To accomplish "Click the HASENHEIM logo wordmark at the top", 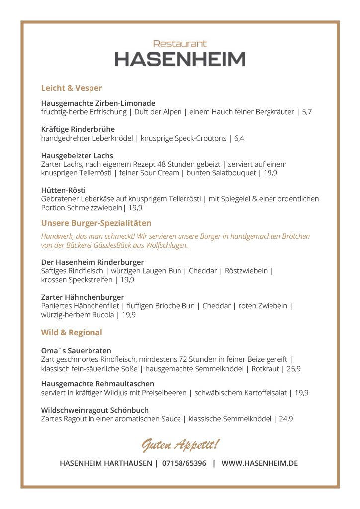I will [x=180, y=59].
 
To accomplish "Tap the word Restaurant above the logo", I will [x=180, y=44].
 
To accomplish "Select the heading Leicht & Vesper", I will [x=71, y=88].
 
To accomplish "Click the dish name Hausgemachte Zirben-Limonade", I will [x=98, y=103].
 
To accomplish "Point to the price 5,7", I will [x=307, y=112].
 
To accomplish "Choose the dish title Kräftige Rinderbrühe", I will [x=78, y=129].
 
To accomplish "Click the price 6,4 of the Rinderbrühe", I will [x=239, y=138].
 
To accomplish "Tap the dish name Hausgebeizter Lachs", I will [x=77, y=156].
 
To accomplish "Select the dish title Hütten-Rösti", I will [x=63, y=190].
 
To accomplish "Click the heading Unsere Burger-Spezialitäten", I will [x=96, y=223].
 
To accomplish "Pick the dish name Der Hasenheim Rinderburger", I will [x=92, y=262].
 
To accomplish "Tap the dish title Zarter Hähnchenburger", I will [x=82, y=297].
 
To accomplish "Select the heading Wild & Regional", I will [x=72, y=333].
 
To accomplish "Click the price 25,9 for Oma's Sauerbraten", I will [x=293, y=369].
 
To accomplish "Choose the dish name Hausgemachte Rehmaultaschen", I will [x=97, y=384].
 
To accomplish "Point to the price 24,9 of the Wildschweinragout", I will [x=285, y=419].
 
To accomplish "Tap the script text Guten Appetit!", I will [x=180, y=444].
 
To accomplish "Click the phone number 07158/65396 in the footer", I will [x=184, y=463].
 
